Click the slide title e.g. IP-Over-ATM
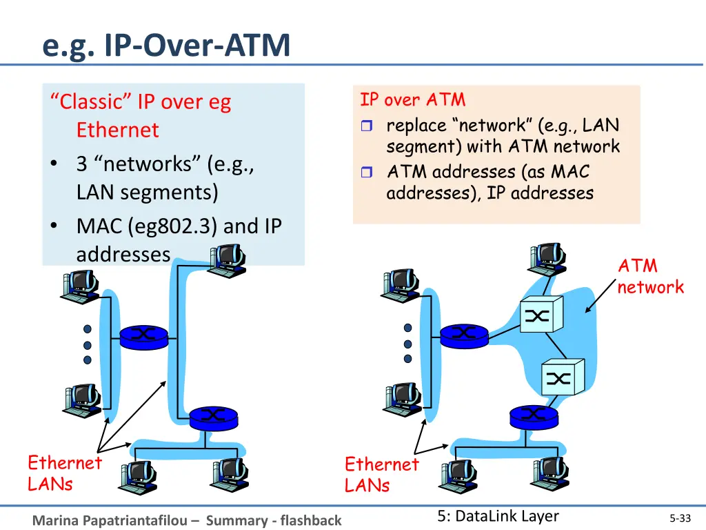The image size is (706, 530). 166,46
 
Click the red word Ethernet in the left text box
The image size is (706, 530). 117,130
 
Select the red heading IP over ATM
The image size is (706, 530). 412,100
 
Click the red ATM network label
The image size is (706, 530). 649,276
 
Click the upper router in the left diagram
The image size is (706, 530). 144,337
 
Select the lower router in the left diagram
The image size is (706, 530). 213,415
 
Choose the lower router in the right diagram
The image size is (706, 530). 534,415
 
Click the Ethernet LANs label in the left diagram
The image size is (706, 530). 64,473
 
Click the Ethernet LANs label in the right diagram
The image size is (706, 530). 381,474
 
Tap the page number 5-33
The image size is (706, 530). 680,518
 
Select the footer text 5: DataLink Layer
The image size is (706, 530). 498,516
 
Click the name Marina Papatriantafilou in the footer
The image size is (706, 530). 116,520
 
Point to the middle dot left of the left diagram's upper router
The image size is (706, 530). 88,344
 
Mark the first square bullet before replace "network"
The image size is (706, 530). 366,126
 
